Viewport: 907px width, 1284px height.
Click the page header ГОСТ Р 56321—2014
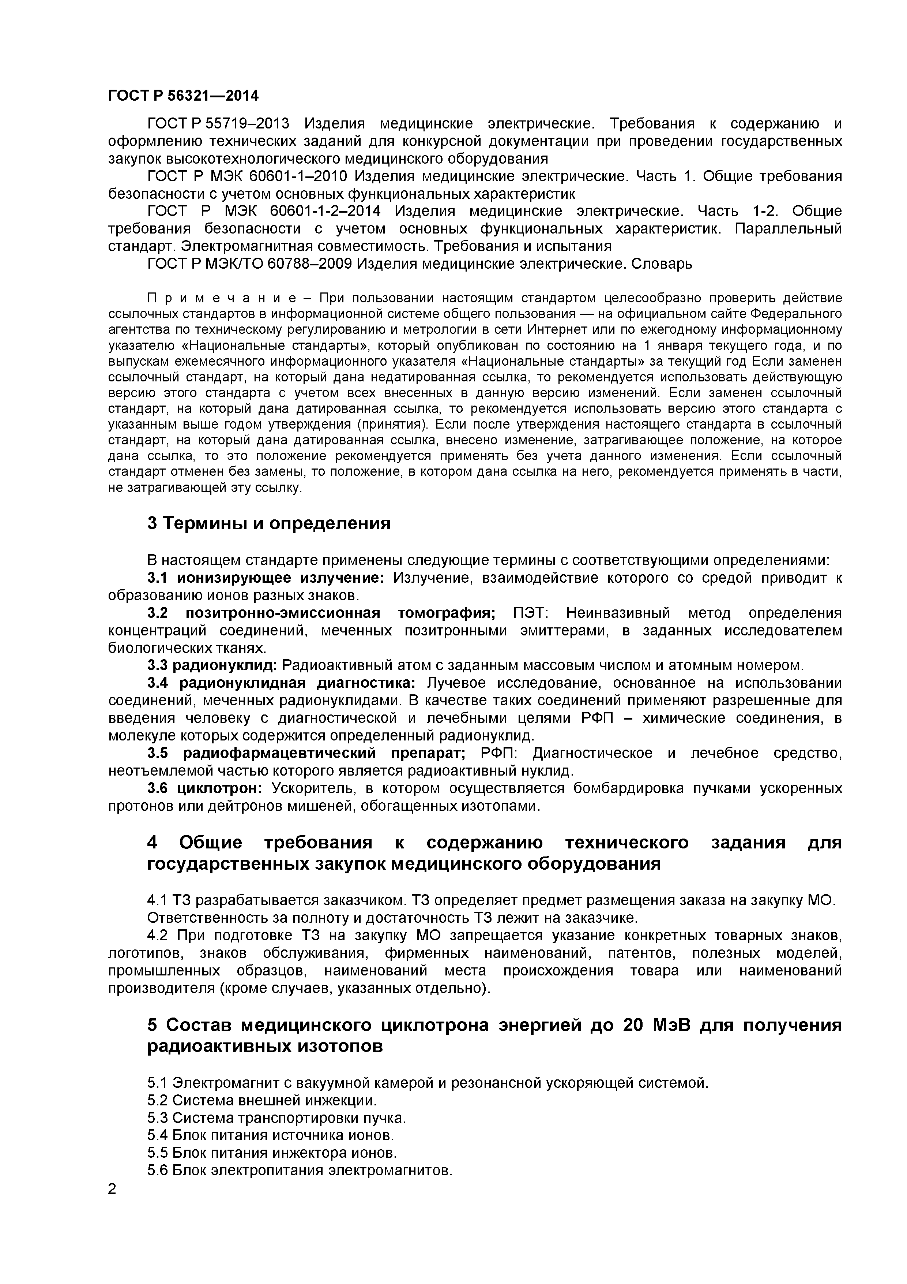click(x=183, y=96)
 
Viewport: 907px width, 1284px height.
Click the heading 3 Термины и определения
click(x=269, y=523)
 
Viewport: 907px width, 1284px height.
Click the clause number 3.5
click(x=158, y=753)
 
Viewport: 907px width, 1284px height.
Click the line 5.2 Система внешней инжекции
click(x=262, y=1101)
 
